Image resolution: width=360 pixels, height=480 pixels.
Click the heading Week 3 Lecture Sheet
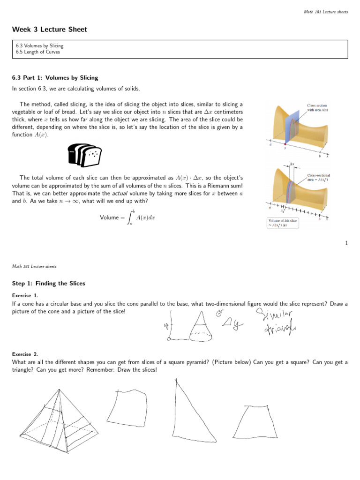click(x=50, y=30)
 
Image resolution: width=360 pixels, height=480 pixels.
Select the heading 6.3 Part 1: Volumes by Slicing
click(x=55, y=78)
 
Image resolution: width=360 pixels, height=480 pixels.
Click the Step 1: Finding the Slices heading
click(x=48, y=284)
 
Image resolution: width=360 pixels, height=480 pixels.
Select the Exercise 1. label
click(x=25, y=295)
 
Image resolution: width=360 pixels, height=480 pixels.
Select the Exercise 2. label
click(x=25, y=354)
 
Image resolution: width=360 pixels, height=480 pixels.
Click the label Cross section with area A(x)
click(x=317, y=108)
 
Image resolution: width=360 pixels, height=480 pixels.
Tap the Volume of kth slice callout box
click(x=284, y=223)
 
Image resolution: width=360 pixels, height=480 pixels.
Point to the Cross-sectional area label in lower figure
click(x=318, y=178)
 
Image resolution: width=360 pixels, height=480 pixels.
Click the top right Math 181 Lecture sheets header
click(x=326, y=11)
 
